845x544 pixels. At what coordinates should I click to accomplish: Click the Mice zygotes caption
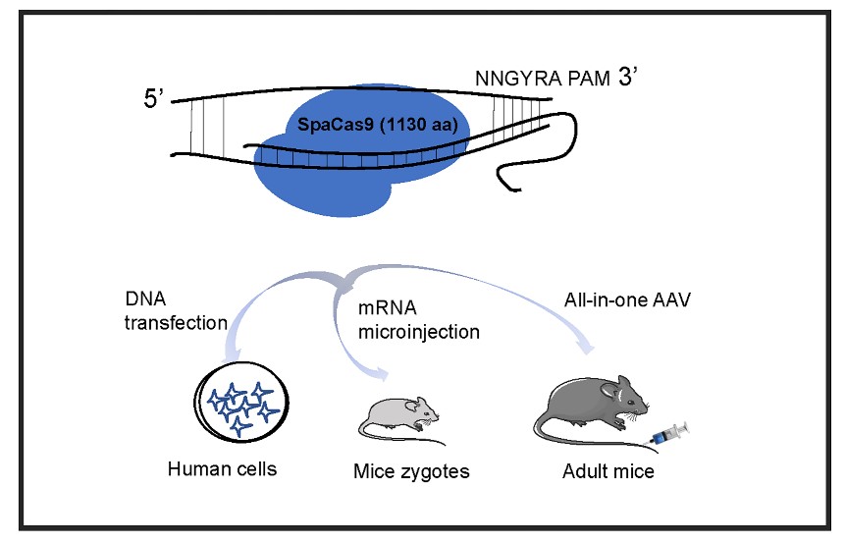[x=411, y=472]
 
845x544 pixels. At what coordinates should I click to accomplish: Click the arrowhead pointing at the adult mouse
[x=587, y=348]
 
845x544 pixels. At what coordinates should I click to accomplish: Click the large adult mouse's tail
[x=550, y=429]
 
